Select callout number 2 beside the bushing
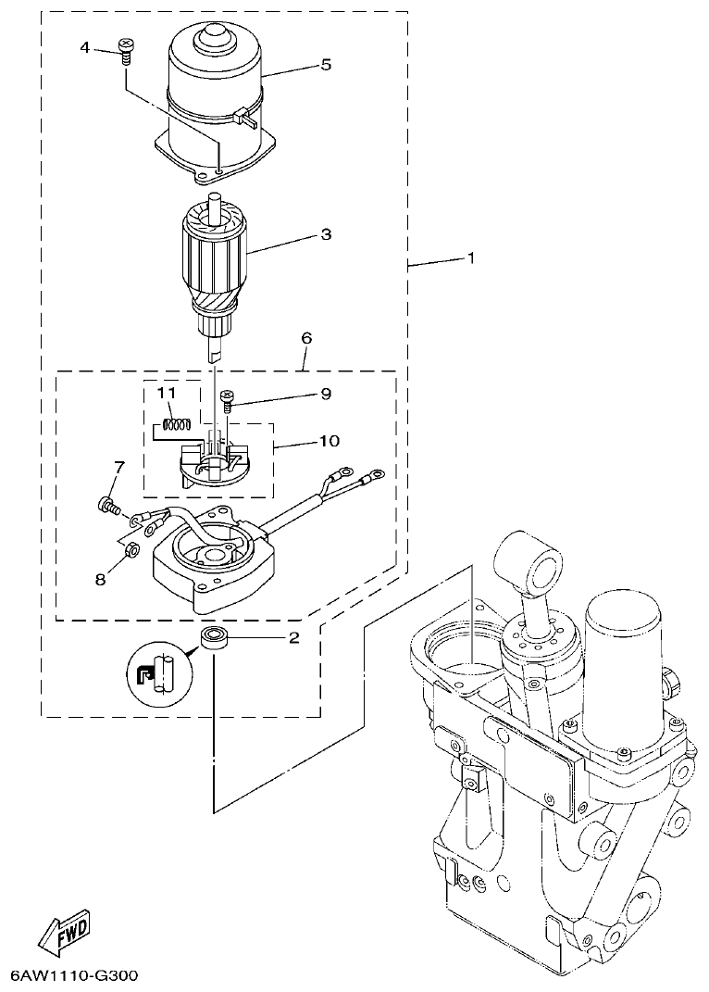pyautogui.click(x=293, y=637)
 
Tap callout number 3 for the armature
pyautogui.click(x=326, y=234)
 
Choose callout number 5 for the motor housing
pyautogui.click(x=326, y=65)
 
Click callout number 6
pyautogui.click(x=306, y=340)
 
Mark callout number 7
pyautogui.click(x=118, y=465)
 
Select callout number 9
pyautogui.click(x=326, y=394)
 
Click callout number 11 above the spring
pyautogui.click(x=166, y=394)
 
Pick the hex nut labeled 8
pyautogui.click(x=131, y=550)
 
